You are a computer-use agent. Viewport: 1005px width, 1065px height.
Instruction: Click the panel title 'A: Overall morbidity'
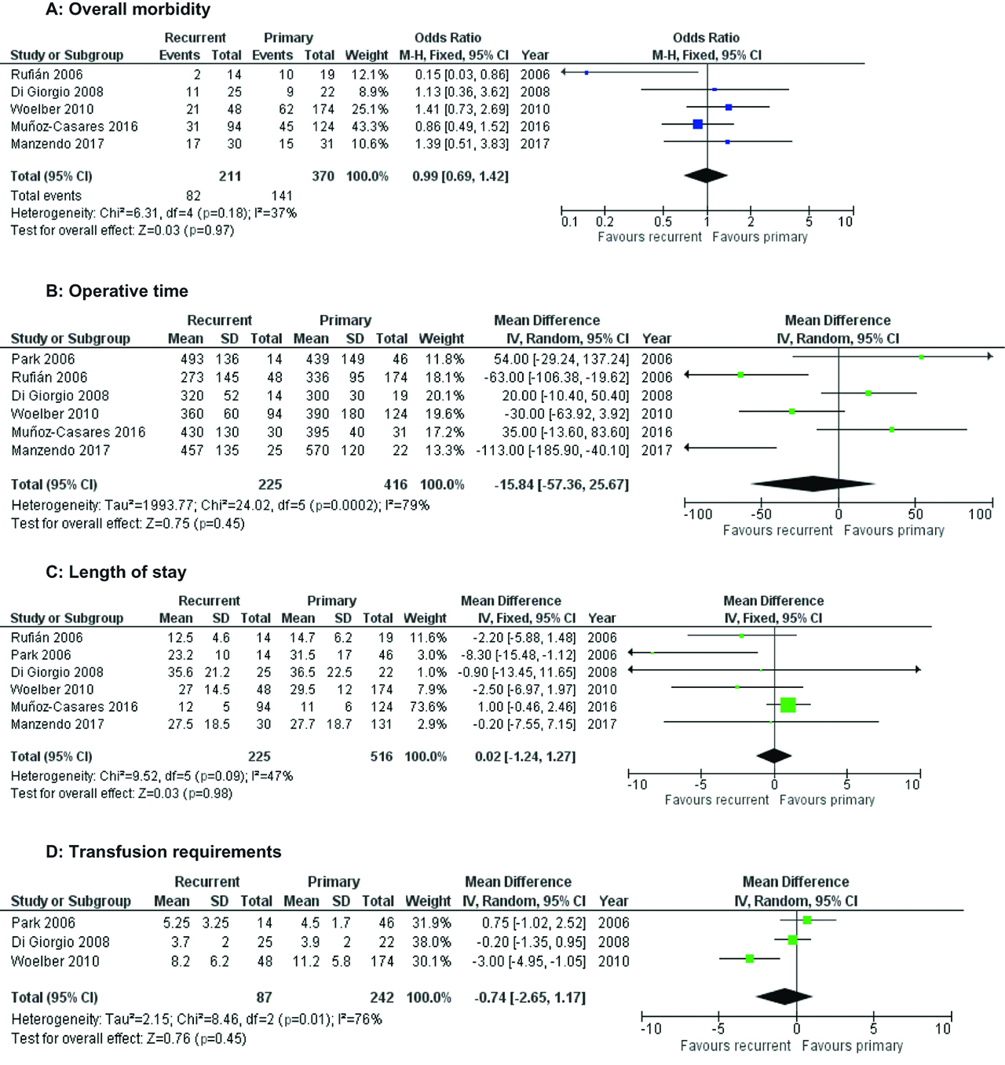point(128,10)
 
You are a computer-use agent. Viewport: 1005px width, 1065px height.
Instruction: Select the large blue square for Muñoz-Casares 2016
point(697,124)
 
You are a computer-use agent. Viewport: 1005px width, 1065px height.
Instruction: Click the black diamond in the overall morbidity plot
point(705,175)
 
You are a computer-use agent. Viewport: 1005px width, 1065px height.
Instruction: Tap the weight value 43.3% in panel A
point(369,126)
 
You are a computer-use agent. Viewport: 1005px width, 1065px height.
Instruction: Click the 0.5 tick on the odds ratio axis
point(663,222)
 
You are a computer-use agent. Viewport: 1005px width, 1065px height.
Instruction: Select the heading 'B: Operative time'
point(117,291)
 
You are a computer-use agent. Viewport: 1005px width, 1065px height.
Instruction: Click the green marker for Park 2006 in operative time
point(921,357)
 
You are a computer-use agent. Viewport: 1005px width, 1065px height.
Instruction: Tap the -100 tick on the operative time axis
point(696,514)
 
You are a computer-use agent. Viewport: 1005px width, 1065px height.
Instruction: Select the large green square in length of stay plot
point(788,705)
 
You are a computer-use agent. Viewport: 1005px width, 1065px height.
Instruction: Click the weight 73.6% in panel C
point(428,707)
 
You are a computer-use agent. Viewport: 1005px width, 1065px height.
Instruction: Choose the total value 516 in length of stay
point(381,757)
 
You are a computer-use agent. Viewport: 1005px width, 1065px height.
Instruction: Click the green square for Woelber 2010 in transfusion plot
point(750,959)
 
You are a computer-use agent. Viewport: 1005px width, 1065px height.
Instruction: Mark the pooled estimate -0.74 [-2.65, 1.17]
point(530,998)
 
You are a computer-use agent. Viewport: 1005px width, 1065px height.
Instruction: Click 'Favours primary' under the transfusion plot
point(852,1046)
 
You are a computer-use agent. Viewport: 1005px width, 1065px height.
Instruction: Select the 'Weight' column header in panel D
point(428,902)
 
